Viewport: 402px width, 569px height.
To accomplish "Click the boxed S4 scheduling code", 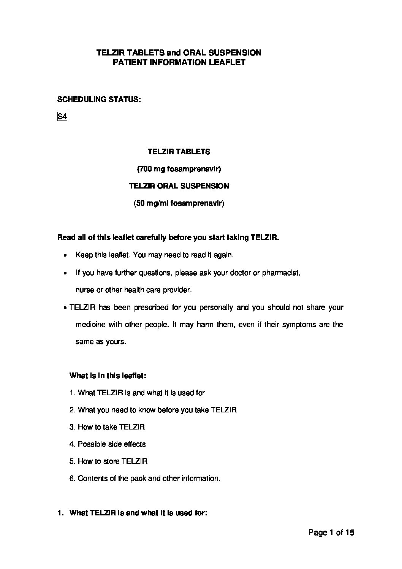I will (62, 117).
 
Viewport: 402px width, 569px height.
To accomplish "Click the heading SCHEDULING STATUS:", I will (99, 100).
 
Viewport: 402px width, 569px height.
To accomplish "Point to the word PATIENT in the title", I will (128, 62).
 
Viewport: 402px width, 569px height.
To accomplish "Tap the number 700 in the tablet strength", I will (145, 169).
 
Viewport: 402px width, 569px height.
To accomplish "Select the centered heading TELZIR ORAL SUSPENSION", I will (179, 186).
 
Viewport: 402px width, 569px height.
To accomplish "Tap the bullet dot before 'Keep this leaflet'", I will (66, 255).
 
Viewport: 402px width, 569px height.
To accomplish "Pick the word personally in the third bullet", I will (215, 307).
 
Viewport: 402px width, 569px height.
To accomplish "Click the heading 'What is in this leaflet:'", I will (108, 376).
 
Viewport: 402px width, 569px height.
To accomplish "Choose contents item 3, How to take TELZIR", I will (107, 427).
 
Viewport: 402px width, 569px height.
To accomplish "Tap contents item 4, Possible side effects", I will (108, 444).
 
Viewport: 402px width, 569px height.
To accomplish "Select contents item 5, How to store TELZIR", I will (108, 461).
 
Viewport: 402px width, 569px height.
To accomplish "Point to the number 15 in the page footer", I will (350, 533).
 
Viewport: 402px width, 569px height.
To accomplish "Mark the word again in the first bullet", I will (223, 255).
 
